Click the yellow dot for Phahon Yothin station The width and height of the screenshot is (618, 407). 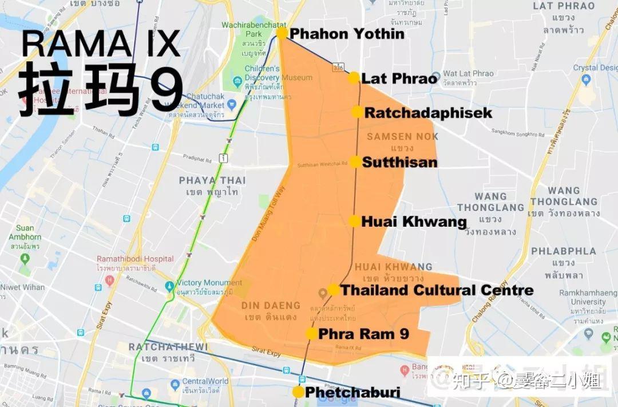pyautogui.click(x=282, y=33)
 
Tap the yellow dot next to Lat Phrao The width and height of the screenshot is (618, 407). pyautogui.click(x=354, y=78)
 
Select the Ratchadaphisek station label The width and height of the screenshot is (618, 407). pyautogui.click(x=428, y=113)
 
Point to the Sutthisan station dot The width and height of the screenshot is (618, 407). pyautogui.click(x=355, y=162)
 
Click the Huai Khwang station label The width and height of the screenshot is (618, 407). pyautogui.click(x=414, y=222)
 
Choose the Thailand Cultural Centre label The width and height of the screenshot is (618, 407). pyautogui.click(x=437, y=290)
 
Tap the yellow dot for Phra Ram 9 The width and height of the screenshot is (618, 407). pyautogui.click(x=312, y=334)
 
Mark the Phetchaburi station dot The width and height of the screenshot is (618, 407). pyautogui.click(x=298, y=392)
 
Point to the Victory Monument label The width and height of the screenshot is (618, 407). pyautogui.click(x=209, y=283)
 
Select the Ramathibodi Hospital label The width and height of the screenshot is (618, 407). pyautogui.click(x=135, y=259)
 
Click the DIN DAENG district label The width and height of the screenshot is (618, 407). pyautogui.click(x=271, y=305)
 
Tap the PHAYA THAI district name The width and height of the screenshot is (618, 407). pyautogui.click(x=212, y=180)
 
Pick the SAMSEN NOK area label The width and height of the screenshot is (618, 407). pyautogui.click(x=403, y=136)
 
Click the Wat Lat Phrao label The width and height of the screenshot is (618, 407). pyautogui.click(x=468, y=73)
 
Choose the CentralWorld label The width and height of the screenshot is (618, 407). pyautogui.click(x=205, y=381)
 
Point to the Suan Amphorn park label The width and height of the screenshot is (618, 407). pyautogui.click(x=25, y=233)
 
